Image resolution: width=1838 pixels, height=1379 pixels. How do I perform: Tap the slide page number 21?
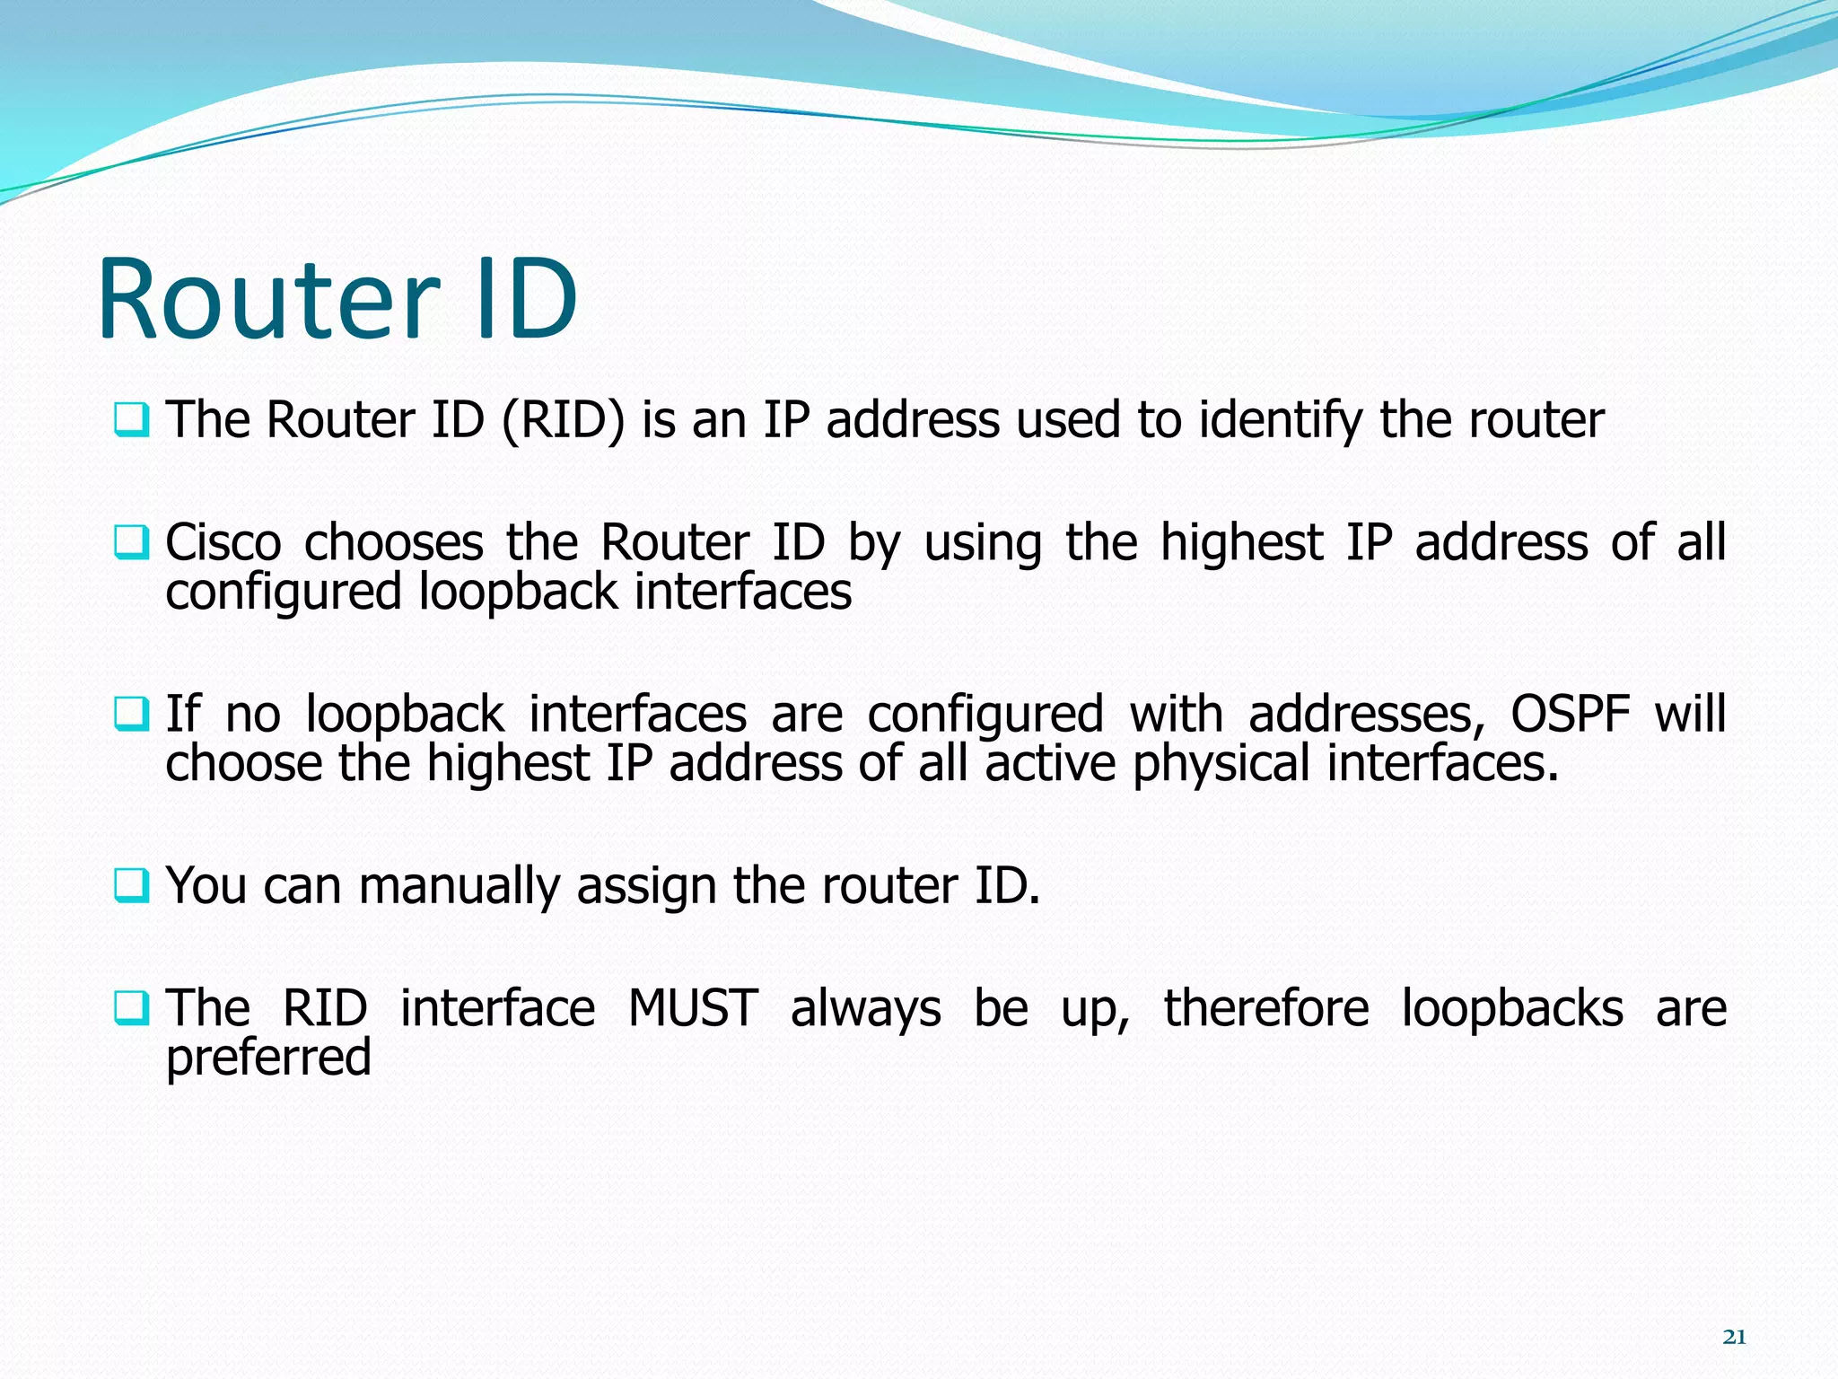pyautogui.click(x=1734, y=1337)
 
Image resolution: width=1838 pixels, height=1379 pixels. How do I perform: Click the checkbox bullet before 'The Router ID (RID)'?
pyautogui.click(x=132, y=419)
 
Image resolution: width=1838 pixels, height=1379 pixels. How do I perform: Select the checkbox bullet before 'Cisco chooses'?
pyautogui.click(x=132, y=542)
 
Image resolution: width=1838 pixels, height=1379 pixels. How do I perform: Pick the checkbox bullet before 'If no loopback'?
pyautogui.click(x=132, y=714)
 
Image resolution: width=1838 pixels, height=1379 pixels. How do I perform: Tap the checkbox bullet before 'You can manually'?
pyautogui.click(x=132, y=885)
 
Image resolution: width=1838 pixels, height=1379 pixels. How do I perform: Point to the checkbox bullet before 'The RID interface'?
pyautogui.click(x=132, y=1007)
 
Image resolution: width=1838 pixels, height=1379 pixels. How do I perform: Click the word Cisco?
pyautogui.click(x=223, y=542)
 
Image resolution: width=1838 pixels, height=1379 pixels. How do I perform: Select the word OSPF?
pyautogui.click(x=1570, y=714)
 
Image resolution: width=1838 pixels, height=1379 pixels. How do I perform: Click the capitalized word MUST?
pyautogui.click(x=693, y=1007)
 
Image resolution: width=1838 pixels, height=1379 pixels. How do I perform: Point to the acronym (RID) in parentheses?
pyautogui.click(x=563, y=419)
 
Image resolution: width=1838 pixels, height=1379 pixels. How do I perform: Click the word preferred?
pyautogui.click(x=268, y=1058)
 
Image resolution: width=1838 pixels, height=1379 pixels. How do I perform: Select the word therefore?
pyautogui.click(x=1266, y=1007)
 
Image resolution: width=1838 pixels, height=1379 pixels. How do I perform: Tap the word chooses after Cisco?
pyautogui.click(x=394, y=542)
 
